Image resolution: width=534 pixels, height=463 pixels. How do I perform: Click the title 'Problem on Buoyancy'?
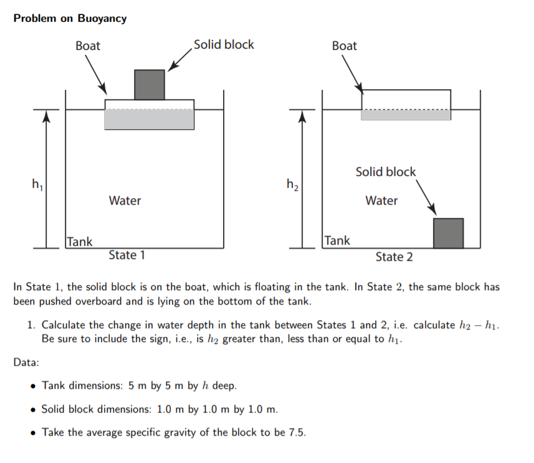(x=70, y=18)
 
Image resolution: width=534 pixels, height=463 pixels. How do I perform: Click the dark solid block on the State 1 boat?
(x=150, y=84)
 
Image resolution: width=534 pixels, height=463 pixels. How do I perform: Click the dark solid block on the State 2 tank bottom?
(x=448, y=233)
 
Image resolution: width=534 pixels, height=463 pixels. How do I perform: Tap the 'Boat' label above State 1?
(x=88, y=46)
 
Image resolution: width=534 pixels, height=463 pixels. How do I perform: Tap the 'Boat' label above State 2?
(x=345, y=46)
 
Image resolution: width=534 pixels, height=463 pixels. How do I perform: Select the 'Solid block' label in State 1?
(x=224, y=44)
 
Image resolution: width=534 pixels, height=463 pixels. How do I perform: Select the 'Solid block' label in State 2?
(x=386, y=172)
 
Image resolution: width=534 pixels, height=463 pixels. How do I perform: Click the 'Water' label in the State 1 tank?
(x=125, y=201)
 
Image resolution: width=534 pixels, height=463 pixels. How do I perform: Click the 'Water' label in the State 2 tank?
(x=381, y=201)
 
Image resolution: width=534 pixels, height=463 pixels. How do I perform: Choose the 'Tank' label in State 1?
(x=80, y=241)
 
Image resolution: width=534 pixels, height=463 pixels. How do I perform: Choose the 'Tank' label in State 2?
(x=337, y=240)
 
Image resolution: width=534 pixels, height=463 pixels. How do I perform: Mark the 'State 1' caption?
(x=126, y=255)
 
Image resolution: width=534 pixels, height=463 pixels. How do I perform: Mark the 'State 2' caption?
(x=394, y=257)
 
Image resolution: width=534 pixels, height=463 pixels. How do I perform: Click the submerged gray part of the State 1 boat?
(x=149, y=119)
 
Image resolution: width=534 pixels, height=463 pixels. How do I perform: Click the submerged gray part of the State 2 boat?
(x=406, y=115)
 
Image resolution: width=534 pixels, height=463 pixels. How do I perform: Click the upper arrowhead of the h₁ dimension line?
(x=45, y=116)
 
